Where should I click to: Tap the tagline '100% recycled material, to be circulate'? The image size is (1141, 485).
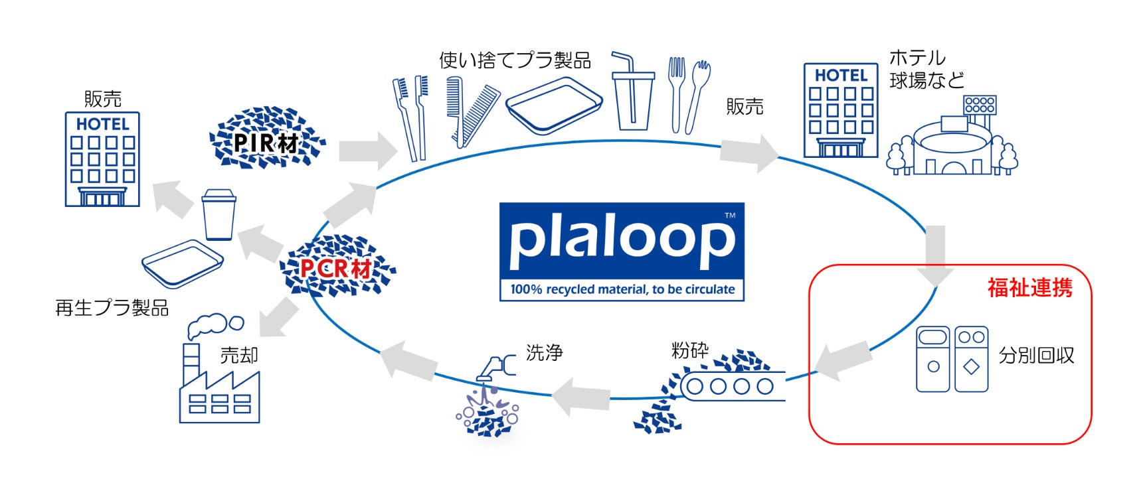(622, 290)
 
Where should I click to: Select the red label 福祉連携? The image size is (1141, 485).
(1029, 288)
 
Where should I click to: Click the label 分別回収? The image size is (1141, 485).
(1036, 356)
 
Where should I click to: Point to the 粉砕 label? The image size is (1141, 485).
(689, 350)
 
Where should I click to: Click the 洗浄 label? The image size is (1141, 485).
(544, 352)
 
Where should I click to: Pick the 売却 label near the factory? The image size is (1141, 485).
(238, 356)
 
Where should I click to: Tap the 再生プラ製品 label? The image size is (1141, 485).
(112, 309)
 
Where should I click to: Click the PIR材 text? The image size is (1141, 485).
(266, 143)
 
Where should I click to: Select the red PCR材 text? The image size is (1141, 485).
(335, 269)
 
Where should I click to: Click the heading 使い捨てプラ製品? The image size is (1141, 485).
(515, 60)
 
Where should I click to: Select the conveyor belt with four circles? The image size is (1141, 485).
(729, 386)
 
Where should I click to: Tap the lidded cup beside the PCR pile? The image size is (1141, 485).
(219, 214)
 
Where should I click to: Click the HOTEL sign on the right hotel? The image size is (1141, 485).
(841, 76)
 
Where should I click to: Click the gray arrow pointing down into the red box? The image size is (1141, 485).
(935, 255)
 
